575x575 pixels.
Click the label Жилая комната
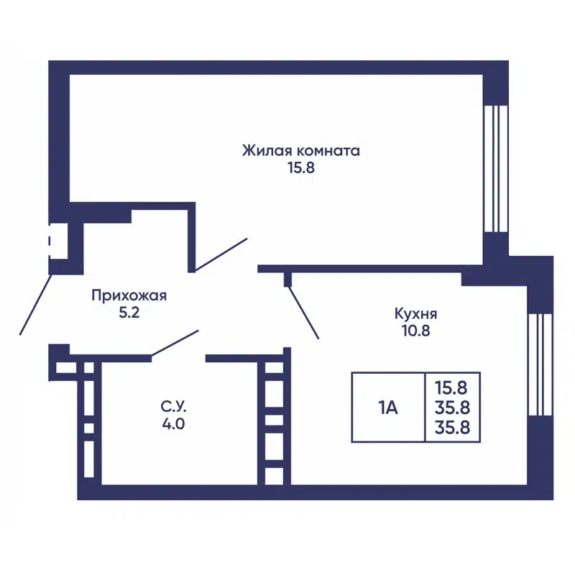pos(300,151)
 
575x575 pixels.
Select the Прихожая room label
pos(129,295)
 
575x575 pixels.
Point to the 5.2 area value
pos(129,313)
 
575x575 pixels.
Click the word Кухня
pos(415,313)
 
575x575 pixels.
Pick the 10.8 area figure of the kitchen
pos(415,331)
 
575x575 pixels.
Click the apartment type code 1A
pos(388,408)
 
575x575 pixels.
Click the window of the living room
pos(495,169)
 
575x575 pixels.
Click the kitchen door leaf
pos(303,313)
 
